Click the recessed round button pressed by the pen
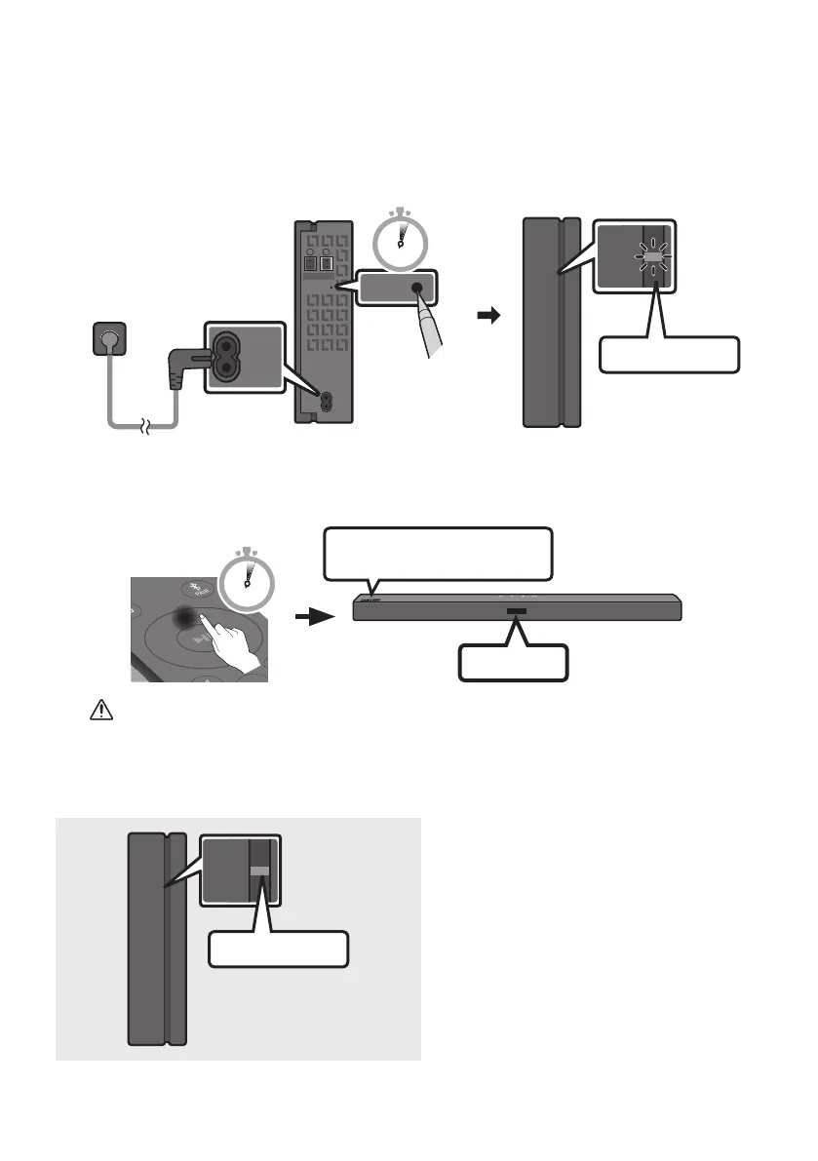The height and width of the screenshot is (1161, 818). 419,288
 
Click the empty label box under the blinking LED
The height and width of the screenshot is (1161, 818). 668,355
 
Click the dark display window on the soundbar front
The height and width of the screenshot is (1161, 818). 516,612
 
